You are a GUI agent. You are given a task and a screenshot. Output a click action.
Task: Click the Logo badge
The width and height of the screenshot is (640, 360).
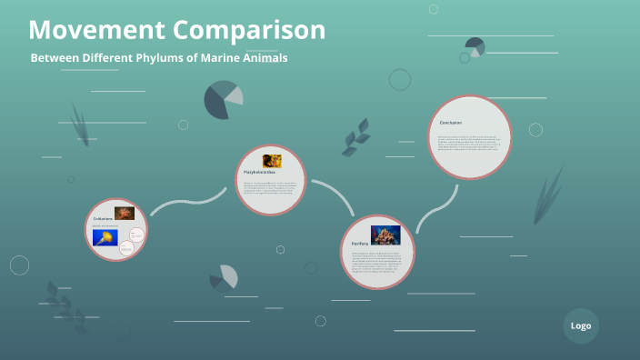click(x=581, y=325)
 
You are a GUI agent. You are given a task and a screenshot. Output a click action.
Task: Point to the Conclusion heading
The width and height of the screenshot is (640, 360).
click(x=451, y=122)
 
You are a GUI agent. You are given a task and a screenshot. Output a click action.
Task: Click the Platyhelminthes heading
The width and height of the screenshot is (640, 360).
click(x=260, y=172)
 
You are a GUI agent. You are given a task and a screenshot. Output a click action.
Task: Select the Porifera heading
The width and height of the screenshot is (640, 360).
click(x=360, y=244)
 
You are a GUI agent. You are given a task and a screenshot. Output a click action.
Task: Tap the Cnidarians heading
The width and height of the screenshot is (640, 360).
click(x=103, y=218)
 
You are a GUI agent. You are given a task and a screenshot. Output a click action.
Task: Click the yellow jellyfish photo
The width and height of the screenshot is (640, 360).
click(x=105, y=238)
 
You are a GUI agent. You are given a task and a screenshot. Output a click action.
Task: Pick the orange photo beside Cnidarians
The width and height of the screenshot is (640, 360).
click(x=125, y=214)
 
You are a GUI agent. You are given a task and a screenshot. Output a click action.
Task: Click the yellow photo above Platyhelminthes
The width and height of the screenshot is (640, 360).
click(x=272, y=161)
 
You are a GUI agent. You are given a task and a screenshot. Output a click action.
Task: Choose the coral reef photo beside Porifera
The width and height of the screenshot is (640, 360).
click(x=385, y=235)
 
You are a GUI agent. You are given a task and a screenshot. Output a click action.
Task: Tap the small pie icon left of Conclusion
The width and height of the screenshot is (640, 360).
click(x=475, y=46)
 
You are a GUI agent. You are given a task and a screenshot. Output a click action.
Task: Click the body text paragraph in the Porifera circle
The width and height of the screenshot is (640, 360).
click(x=375, y=264)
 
